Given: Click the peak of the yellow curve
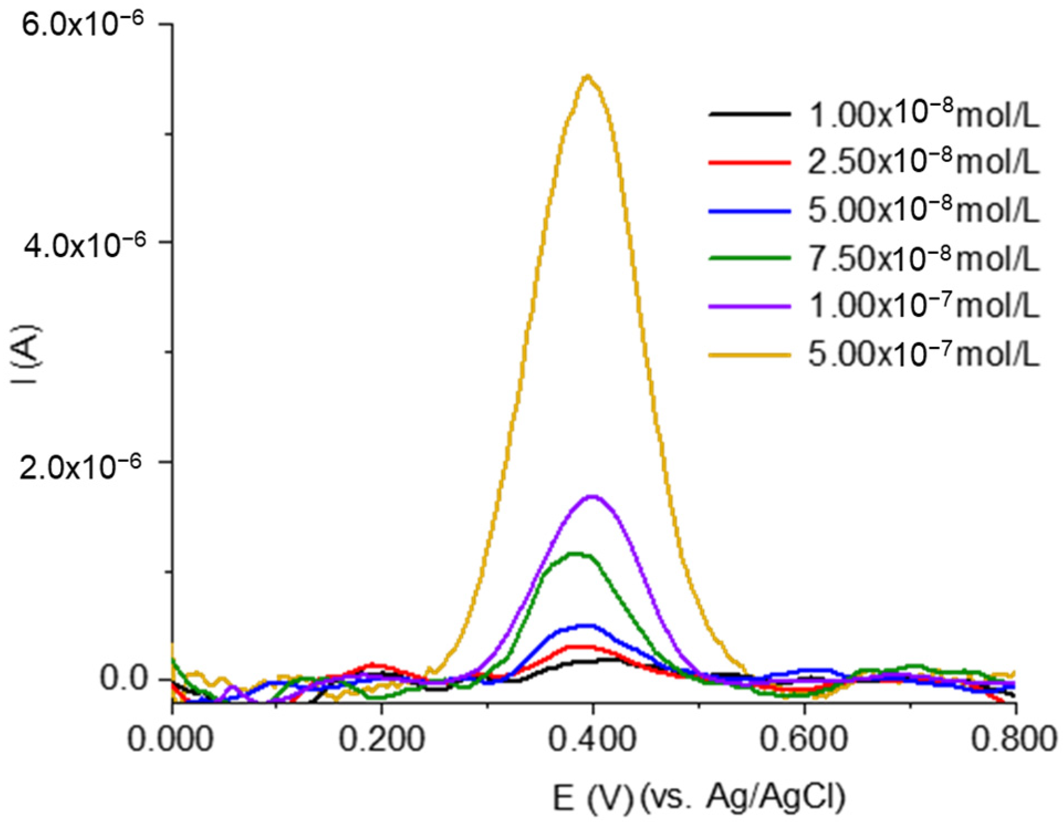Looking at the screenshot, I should tap(589, 76).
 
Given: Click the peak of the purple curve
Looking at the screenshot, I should tap(593, 496).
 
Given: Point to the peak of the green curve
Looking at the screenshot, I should tap(576, 553).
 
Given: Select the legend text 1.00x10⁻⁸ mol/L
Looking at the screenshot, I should tap(924, 114).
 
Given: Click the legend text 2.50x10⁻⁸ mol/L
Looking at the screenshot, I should tap(924, 162).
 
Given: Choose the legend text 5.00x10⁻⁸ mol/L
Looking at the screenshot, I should tap(924, 210).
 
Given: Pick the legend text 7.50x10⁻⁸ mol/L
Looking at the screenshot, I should tap(924, 258).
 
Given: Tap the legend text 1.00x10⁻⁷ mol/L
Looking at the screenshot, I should tap(924, 305).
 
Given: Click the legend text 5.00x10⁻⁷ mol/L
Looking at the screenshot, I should tap(924, 353).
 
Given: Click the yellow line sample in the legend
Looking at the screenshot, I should tap(750, 355).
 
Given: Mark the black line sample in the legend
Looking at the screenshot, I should tap(750, 115).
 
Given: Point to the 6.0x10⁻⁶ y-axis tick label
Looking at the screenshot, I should tap(82, 24).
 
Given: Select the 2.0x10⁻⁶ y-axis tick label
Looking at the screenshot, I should tap(80, 466).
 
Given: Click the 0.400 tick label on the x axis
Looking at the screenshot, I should tap(593, 738).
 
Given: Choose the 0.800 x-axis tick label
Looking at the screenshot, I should tap(1014, 738).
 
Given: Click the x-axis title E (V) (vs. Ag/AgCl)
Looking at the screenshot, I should tap(699, 798).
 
